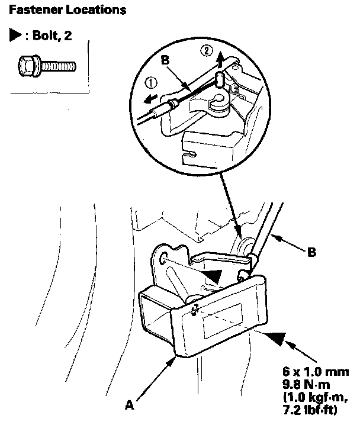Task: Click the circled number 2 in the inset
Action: pyautogui.click(x=205, y=51)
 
